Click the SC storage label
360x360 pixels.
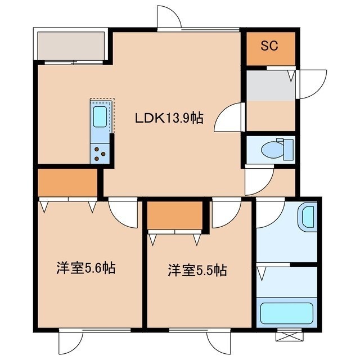point(269,46)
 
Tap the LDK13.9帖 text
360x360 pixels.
point(169,119)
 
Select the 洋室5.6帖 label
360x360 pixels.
point(86,268)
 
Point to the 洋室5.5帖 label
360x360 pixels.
point(197,270)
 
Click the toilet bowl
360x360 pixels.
point(272,150)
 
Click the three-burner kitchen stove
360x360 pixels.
point(100,154)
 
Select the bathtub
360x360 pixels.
point(287,314)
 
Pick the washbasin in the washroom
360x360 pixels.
point(308,217)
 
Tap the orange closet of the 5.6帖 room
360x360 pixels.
point(67,183)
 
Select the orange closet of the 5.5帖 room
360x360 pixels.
point(175,215)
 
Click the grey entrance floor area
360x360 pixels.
point(271,85)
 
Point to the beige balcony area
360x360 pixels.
point(71,46)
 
